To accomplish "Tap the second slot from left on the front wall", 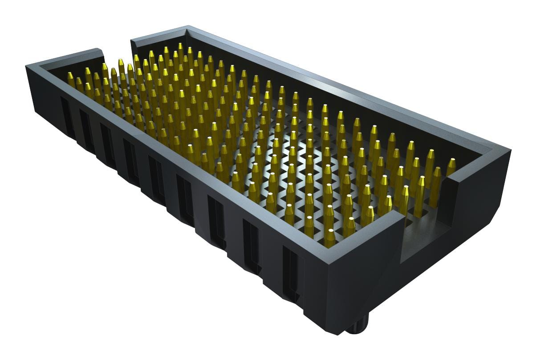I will pyautogui.click(x=85, y=129).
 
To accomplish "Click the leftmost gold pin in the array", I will pyautogui.click(x=71, y=79).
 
